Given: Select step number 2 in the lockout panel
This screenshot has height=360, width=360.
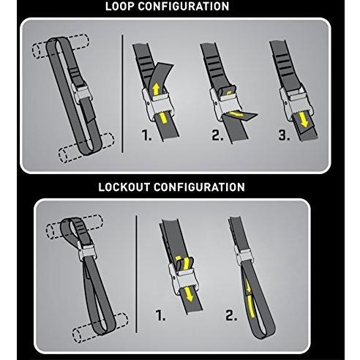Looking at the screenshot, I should pos(232,317).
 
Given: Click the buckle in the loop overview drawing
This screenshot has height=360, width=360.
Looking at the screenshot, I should pos(83,97).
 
